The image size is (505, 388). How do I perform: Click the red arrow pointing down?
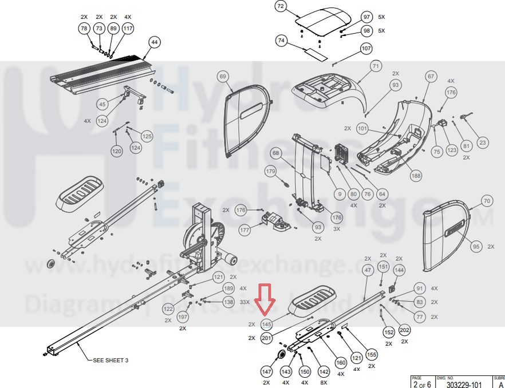coord(265,300)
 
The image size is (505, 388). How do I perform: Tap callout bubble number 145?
coord(266,324)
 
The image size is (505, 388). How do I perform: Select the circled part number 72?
coord(280,7)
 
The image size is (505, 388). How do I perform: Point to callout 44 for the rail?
coord(154,42)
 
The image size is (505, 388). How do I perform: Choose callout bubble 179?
coord(270,171)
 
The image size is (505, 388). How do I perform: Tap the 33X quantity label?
coord(244,302)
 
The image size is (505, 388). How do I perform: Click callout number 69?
coord(223,76)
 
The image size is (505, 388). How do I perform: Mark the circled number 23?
coord(482,142)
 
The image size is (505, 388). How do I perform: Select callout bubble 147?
coord(266,371)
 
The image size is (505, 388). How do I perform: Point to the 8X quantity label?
coord(324,382)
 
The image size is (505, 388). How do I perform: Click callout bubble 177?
coord(245,230)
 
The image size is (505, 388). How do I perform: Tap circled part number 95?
coord(475,246)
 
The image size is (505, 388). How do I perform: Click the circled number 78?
coord(84,28)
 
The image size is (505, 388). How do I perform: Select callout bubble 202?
coord(405,330)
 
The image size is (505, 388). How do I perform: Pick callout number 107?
coord(366,49)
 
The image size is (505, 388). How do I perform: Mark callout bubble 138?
coord(228,302)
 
